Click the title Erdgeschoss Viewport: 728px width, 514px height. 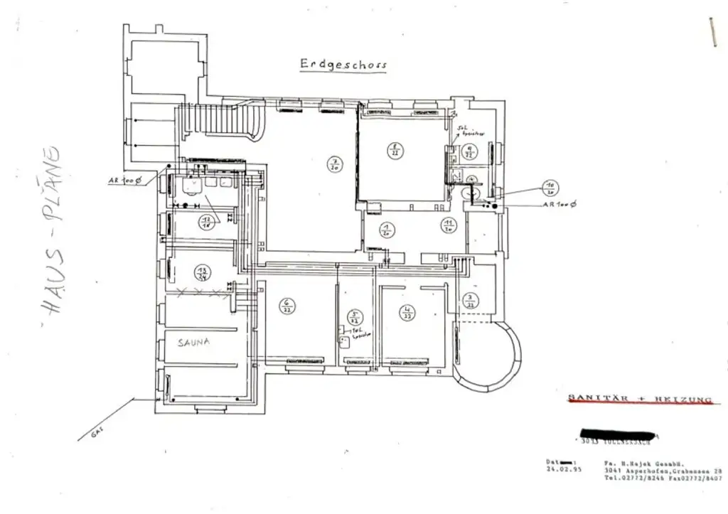[x=343, y=64]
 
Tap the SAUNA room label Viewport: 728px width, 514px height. [x=194, y=342]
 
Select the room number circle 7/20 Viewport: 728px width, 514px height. [x=333, y=164]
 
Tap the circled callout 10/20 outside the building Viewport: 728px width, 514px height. [x=550, y=188]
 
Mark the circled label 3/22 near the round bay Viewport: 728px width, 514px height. [x=469, y=300]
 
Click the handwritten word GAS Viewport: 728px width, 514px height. [x=97, y=432]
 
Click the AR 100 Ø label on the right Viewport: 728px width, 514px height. [x=560, y=204]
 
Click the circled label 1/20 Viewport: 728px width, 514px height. [x=387, y=229]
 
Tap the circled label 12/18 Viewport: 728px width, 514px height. [x=207, y=220]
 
